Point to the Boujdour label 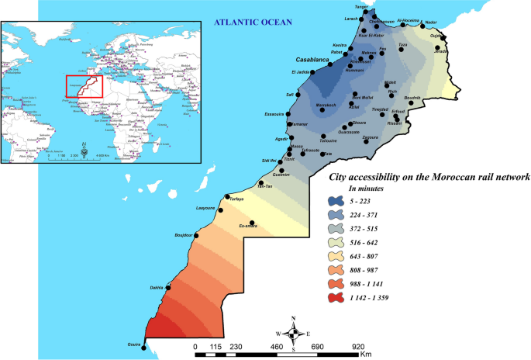point(184,234)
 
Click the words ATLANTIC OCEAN point(253,22)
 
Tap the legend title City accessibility point(429,177)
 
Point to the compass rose point(293,334)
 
